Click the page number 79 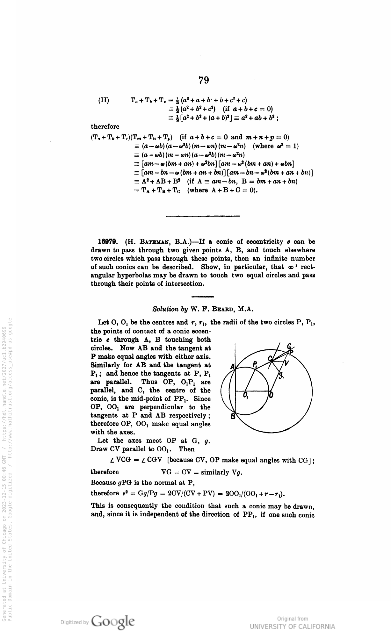point(204,80)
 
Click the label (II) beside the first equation point(103,100)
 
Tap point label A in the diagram point(233,367)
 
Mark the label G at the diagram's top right point(289,346)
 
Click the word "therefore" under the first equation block point(105,126)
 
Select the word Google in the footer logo point(113,620)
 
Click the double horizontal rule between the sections point(203,216)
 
